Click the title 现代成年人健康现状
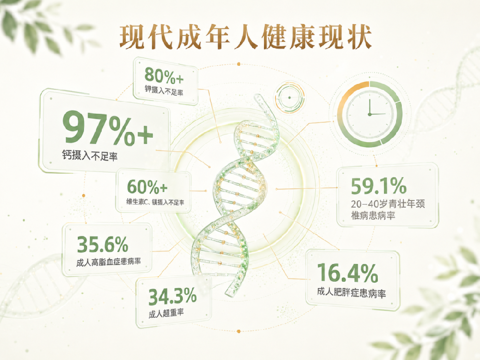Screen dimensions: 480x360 [x=245, y=37]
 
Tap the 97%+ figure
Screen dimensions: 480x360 [x=108, y=128]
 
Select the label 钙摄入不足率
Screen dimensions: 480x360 [x=90, y=155]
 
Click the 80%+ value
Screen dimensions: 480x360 [x=164, y=76]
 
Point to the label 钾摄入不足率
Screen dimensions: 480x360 [x=164, y=91]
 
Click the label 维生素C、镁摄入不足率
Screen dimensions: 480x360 [x=155, y=202]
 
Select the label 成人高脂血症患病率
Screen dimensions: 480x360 [x=108, y=262]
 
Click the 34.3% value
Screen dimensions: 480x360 [x=172, y=296]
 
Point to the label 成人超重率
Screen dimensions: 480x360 [x=166, y=313]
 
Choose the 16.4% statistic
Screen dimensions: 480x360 [x=348, y=273]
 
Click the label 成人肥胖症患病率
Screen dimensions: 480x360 [x=351, y=292]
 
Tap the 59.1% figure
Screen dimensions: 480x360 [x=379, y=186]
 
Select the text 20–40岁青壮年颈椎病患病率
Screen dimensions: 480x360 [x=388, y=210]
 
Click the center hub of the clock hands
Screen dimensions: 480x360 [x=370, y=114]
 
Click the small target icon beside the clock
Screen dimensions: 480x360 [x=289, y=97]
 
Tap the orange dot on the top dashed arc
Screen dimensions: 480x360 [x=239, y=64]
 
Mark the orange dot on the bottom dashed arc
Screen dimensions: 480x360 [x=239, y=331]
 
